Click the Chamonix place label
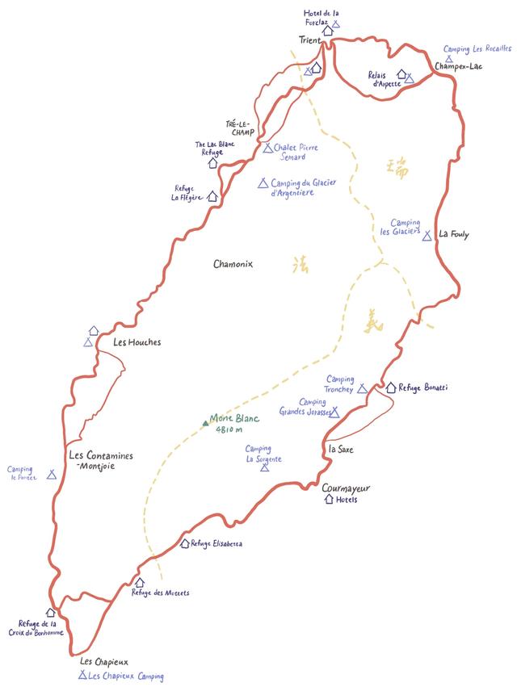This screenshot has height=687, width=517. pyautogui.click(x=233, y=264)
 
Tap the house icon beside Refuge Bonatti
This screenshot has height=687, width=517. pyautogui.click(x=391, y=387)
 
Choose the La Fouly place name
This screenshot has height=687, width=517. pyautogui.click(x=454, y=234)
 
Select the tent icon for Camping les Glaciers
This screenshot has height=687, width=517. pyautogui.click(x=427, y=236)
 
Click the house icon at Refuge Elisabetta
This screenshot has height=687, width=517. pyautogui.click(x=185, y=543)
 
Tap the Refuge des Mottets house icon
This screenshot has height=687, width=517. pyautogui.click(x=139, y=582)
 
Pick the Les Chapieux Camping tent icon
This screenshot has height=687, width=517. pyautogui.click(x=82, y=675)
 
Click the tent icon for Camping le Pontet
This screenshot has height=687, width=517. pyautogui.click(x=52, y=475)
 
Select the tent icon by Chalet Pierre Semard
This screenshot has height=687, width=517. pyautogui.click(x=267, y=148)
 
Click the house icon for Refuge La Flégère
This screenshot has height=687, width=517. pyautogui.click(x=212, y=195)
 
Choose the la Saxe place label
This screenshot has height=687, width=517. pyautogui.click(x=343, y=449)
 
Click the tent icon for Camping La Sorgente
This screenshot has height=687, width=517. pyautogui.click(x=265, y=468)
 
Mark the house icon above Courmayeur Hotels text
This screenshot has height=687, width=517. pyautogui.click(x=329, y=500)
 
